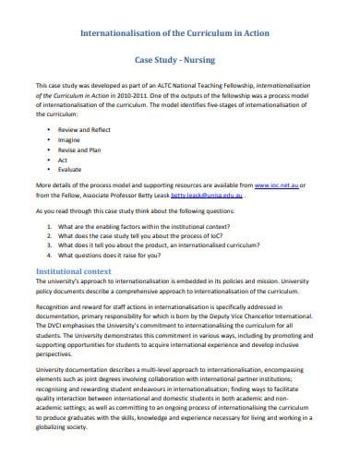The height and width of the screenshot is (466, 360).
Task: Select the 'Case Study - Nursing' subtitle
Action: pyautogui.click(x=176, y=56)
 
